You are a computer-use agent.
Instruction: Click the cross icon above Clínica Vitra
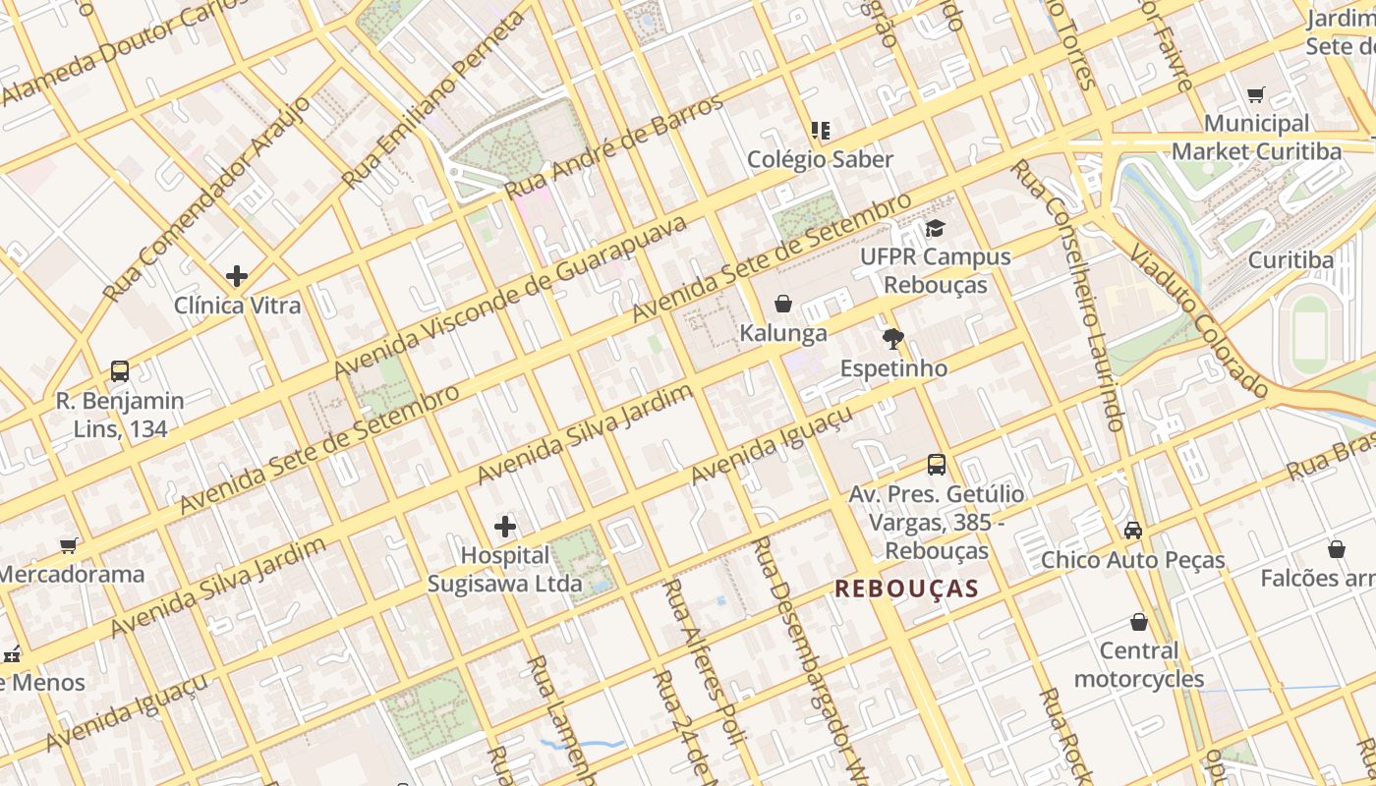(x=237, y=276)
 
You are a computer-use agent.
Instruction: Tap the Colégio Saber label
(x=820, y=159)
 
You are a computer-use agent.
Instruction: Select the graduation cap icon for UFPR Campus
(x=934, y=229)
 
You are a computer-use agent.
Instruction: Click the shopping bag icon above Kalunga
(x=783, y=304)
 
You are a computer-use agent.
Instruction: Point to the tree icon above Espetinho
(x=892, y=340)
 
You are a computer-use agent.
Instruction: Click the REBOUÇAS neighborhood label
(x=906, y=589)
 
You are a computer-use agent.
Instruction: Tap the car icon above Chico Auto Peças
(x=1132, y=531)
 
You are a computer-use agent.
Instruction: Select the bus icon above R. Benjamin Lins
(x=120, y=371)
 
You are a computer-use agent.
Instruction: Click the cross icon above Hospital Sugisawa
(x=505, y=527)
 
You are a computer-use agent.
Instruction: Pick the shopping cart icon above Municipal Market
(x=1255, y=95)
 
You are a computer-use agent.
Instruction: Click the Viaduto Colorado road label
(x=1199, y=318)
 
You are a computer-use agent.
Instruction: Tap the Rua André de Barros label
(x=614, y=144)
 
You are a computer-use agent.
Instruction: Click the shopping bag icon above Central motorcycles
(x=1138, y=622)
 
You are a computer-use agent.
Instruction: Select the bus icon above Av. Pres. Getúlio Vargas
(x=936, y=465)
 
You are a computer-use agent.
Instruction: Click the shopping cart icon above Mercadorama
(x=69, y=545)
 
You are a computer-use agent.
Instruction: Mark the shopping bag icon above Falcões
(x=1336, y=549)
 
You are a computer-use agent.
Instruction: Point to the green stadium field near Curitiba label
(x=1309, y=334)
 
